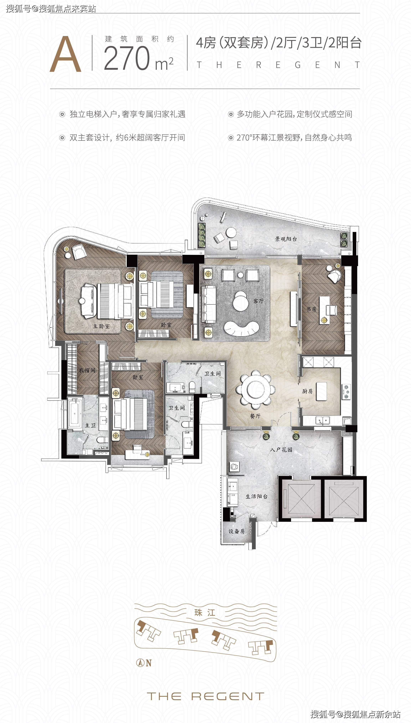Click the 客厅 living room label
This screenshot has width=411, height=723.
tap(258, 301)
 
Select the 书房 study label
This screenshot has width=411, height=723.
tap(311, 309)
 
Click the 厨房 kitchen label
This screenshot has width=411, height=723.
tap(307, 391)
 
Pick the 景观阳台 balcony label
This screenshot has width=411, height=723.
tap(286, 239)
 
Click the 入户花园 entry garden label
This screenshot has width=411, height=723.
tap(281, 449)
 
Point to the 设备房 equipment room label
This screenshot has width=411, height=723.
tap(237, 531)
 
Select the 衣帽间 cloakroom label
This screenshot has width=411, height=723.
tap(87, 370)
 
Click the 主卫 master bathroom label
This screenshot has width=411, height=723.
tap(90, 425)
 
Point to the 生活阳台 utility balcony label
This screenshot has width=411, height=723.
tap(256, 496)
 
